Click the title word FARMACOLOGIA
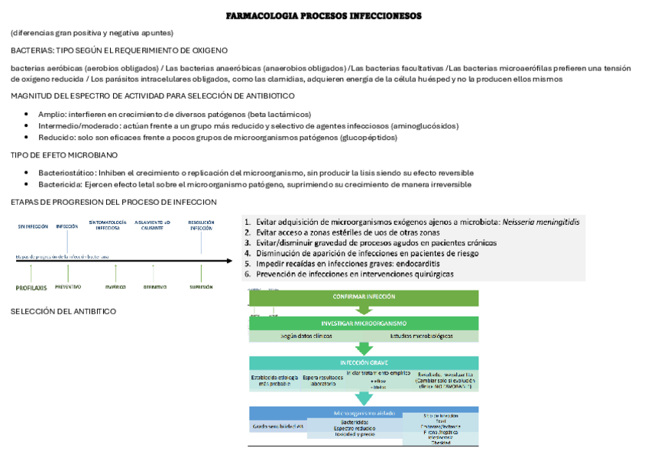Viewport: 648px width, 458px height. pos(264,16)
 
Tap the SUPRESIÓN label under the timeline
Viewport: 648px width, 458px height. pos(202,287)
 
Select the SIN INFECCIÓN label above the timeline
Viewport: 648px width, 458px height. pos(33,226)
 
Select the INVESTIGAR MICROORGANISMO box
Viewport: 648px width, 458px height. pos(364,323)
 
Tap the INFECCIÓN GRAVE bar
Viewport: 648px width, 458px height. pos(364,362)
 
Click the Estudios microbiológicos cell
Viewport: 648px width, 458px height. pos(421,336)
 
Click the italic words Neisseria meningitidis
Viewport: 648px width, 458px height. pos(540,222)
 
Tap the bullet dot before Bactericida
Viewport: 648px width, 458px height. pos(28,185)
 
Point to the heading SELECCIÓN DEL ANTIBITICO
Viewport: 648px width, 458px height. pos(63,312)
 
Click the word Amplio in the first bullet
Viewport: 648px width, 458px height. pos(52,114)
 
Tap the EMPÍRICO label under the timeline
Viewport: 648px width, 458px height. pos(116,287)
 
